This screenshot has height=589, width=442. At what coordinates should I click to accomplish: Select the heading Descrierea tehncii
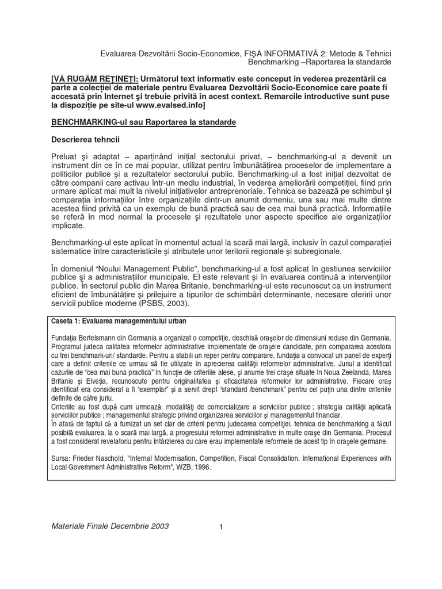pos(84,139)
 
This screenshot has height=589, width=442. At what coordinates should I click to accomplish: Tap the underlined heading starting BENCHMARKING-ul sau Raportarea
pos(144,123)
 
